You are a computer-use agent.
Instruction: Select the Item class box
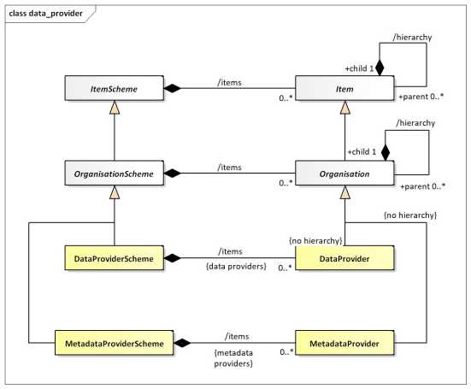tap(344, 87)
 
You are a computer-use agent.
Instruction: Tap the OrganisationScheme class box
tap(114, 174)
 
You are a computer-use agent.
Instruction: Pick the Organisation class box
tap(344, 174)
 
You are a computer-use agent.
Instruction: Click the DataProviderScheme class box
tap(114, 256)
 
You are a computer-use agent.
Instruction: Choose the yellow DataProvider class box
tap(344, 256)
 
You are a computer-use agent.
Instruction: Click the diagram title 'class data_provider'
tap(44, 15)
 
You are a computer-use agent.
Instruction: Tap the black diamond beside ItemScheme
tap(173, 87)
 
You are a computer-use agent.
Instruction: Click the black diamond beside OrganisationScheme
tap(173, 174)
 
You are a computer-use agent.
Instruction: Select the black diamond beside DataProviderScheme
tap(173, 256)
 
